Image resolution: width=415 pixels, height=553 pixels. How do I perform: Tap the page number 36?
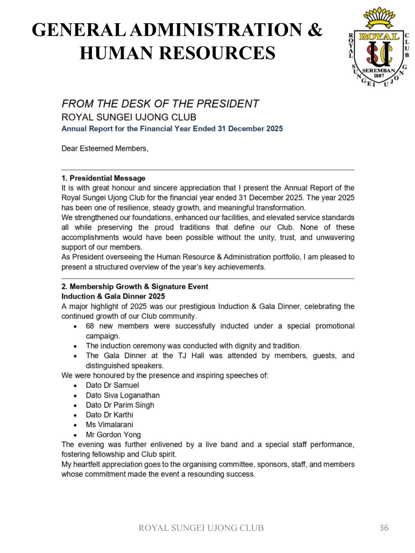(x=384, y=528)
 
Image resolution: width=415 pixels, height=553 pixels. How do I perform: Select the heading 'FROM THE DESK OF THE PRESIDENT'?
(x=160, y=104)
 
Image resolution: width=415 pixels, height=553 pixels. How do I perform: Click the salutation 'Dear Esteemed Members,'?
(x=104, y=149)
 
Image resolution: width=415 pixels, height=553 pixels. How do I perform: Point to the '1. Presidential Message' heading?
(x=103, y=178)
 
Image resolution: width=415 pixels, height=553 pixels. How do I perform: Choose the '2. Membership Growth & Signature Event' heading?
(x=135, y=287)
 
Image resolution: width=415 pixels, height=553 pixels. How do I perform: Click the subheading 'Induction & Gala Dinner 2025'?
(x=113, y=296)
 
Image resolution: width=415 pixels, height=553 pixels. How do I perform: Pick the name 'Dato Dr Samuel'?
(x=112, y=385)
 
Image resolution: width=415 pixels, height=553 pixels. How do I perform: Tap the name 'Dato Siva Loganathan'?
(x=123, y=395)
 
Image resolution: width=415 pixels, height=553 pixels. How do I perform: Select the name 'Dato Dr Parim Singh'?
(x=120, y=405)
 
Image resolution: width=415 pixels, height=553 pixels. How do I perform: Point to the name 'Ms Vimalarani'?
(x=109, y=424)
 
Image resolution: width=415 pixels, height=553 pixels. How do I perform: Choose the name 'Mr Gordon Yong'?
(x=113, y=434)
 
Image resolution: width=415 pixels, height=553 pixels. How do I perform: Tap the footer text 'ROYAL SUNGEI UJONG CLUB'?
(x=202, y=528)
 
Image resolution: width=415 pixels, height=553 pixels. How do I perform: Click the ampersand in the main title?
(x=314, y=29)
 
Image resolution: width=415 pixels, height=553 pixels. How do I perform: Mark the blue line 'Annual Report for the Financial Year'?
(x=172, y=129)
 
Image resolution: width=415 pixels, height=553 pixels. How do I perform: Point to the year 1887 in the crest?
(x=379, y=76)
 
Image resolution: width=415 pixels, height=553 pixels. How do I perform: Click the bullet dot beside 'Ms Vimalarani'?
(x=75, y=425)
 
